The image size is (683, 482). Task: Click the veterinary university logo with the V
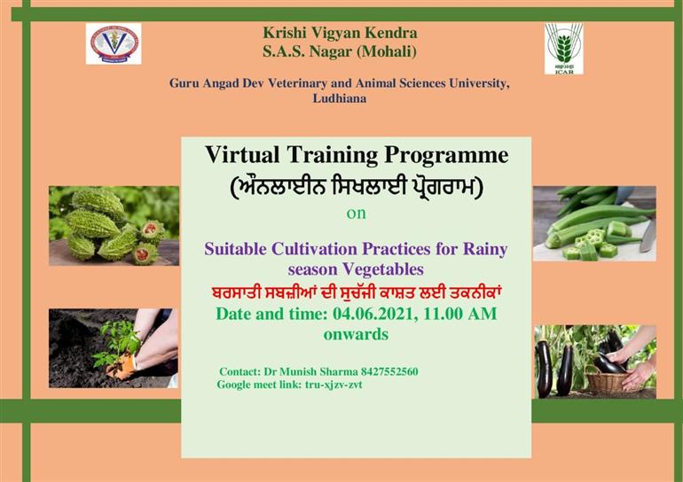[x=114, y=43]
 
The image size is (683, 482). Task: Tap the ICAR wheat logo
[x=563, y=48]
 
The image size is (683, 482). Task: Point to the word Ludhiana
[x=340, y=98]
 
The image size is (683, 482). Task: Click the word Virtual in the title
[x=242, y=154]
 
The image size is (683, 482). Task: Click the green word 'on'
[x=356, y=214]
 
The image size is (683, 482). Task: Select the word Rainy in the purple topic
[x=485, y=250]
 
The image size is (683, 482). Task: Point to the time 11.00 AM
[x=460, y=314]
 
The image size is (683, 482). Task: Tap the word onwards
[x=356, y=334]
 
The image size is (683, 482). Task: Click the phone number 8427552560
[x=389, y=371]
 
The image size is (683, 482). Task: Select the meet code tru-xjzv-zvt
[x=334, y=385]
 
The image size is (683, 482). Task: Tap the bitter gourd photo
[x=114, y=226]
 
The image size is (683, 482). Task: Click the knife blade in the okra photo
[x=648, y=237]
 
